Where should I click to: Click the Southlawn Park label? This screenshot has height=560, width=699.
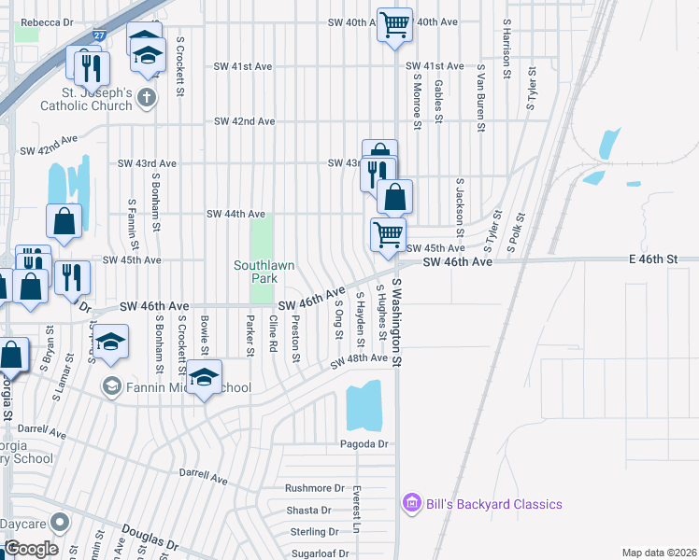point(264,272)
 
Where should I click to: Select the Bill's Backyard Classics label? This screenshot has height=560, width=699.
point(494,505)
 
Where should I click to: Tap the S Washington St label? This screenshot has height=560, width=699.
point(397,322)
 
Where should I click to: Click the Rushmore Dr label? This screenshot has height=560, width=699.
point(315,488)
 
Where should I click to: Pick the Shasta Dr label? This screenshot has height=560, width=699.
point(308,511)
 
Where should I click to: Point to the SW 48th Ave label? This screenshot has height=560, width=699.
point(359,359)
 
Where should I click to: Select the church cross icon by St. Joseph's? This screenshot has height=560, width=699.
point(147,96)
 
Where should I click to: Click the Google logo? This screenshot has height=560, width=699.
point(31,549)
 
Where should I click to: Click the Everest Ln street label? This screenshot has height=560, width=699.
point(357,509)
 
